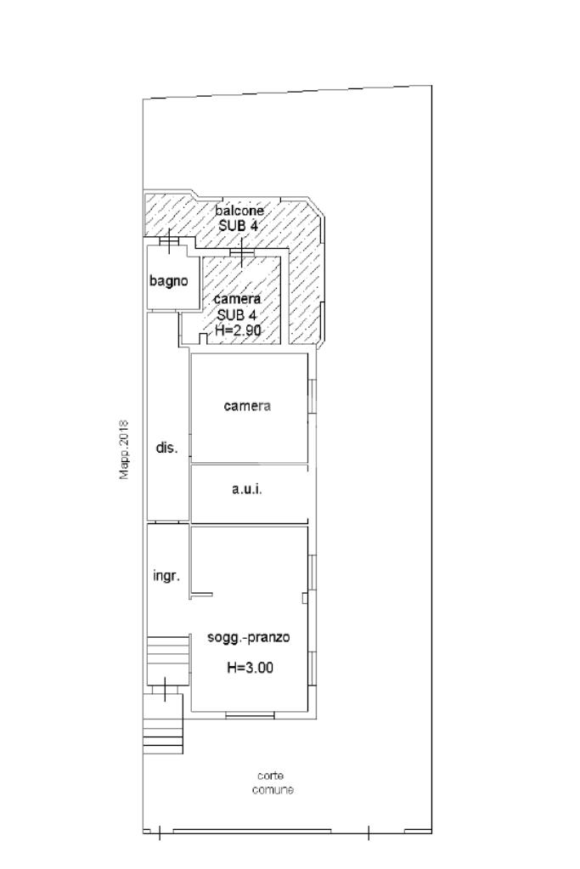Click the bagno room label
coord(168,281)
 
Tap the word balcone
coord(239,211)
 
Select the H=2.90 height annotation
coord(239,330)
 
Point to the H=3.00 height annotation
coord(250,668)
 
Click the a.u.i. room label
coord(247,489)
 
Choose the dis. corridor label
coord(166,448)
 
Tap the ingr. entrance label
coord(166,577)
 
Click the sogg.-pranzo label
coord(249,638)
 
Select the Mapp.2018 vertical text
coord(124,450)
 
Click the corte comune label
coord(273,783)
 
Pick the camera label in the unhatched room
coord(248,406)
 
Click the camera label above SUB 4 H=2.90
coord(238,299)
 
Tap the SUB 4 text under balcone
coord(238,226)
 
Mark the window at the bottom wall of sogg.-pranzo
coord(250,715)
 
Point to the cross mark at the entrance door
coord(165,689)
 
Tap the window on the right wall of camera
coord(312,396)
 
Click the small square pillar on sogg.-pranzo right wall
coord(305,598)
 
